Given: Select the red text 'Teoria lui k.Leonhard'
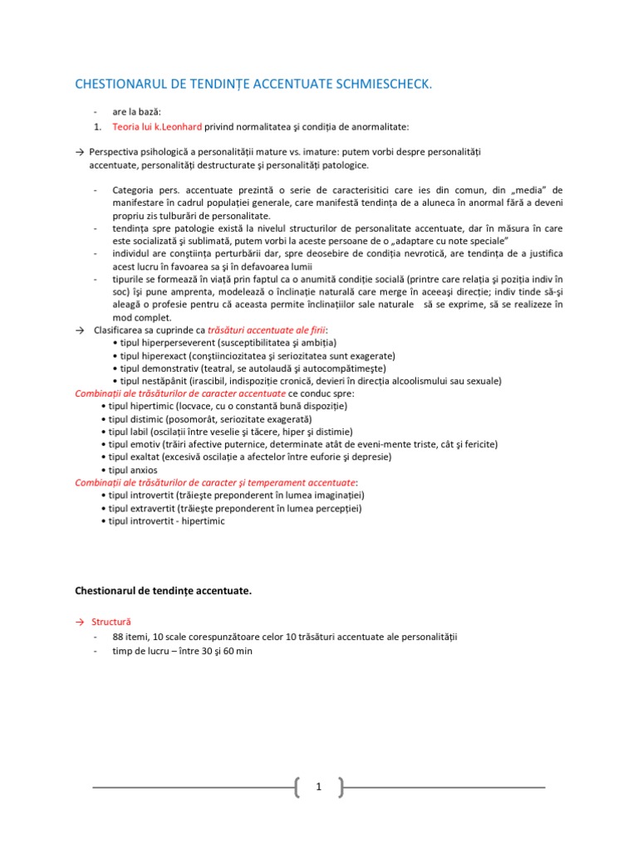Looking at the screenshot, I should point(152,126).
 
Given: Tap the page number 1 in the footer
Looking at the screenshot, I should point(318,787).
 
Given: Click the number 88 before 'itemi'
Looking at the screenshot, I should point(119,637).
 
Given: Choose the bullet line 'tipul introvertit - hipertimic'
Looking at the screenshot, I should point(167,520).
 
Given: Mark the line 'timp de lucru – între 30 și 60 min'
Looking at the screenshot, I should point(182,651).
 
